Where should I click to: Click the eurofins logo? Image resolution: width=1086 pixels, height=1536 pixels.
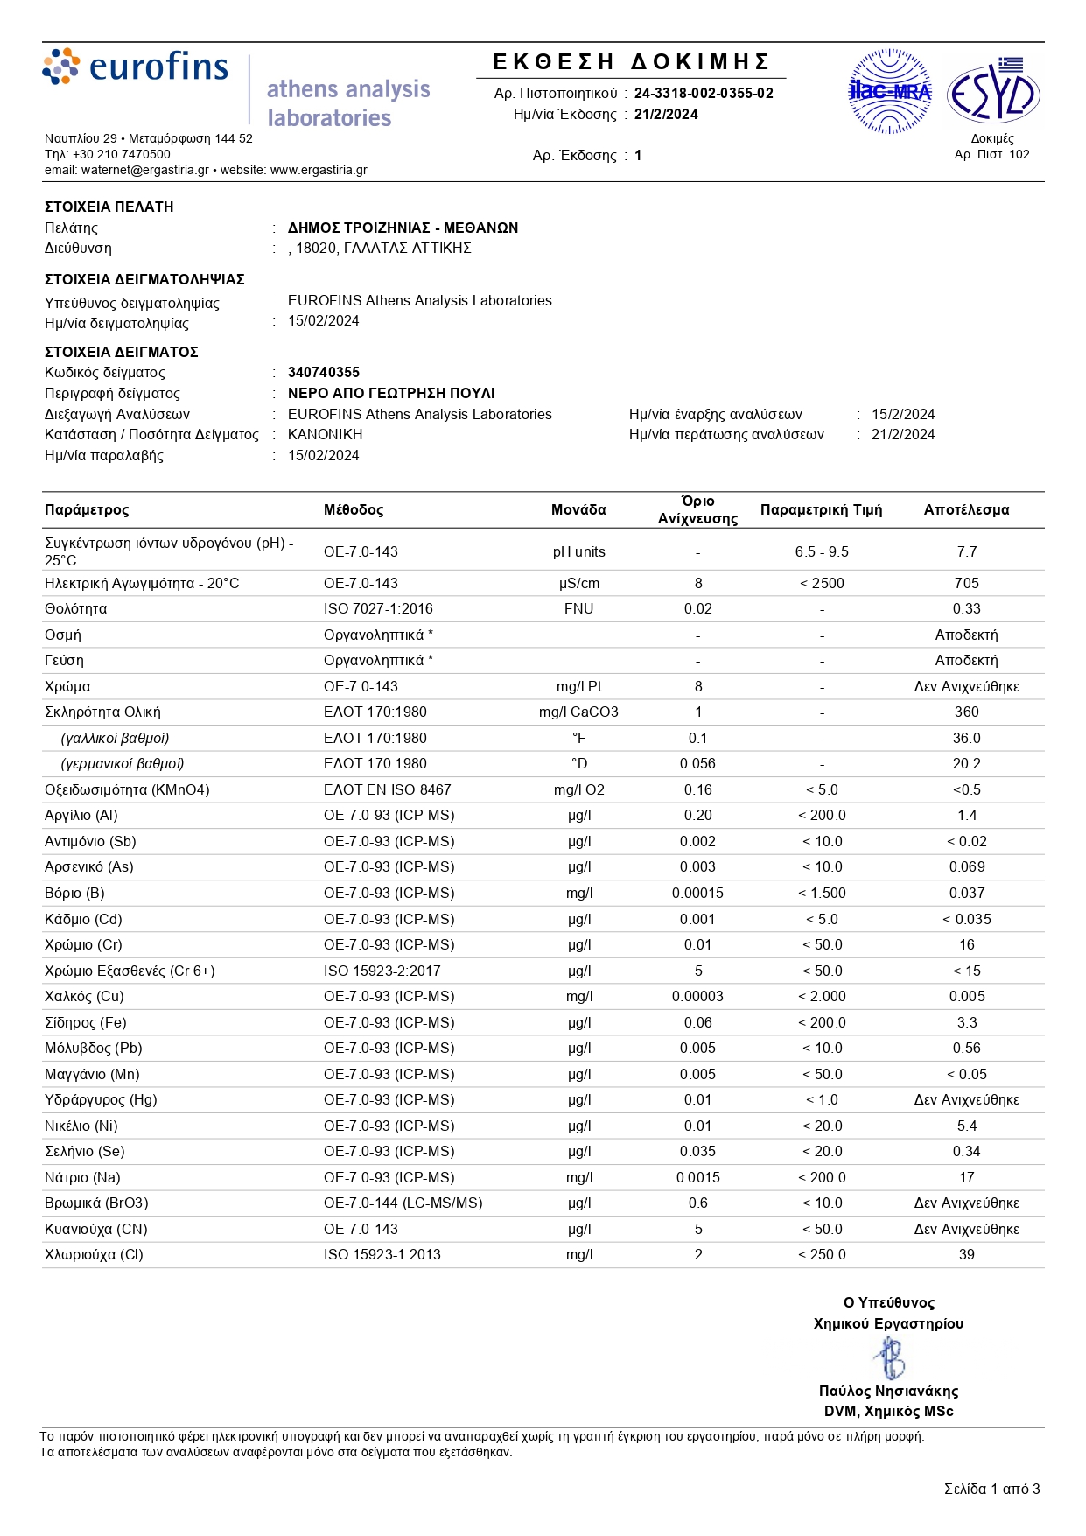136,67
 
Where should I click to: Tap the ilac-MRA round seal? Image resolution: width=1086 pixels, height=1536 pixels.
890,91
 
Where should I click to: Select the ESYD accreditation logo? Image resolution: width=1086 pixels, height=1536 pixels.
993,93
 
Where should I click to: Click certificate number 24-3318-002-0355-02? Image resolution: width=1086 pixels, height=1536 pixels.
704,93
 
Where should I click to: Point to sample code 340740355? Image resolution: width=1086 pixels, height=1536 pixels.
324,372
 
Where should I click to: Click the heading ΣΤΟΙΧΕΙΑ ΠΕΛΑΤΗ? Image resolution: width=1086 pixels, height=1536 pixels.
109,207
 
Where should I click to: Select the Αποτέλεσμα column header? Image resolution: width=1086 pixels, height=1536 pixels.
966,509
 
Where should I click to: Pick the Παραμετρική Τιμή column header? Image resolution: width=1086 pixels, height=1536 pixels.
821,509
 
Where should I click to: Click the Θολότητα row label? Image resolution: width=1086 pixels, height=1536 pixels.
76,608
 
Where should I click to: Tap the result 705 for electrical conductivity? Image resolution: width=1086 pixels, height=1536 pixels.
966,583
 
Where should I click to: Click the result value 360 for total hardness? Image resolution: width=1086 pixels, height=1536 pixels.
966,712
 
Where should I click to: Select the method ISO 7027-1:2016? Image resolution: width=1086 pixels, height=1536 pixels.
378,608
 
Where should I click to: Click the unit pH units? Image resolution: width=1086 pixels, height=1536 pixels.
578,551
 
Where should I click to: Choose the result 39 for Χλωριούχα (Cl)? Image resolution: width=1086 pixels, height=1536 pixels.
966,1254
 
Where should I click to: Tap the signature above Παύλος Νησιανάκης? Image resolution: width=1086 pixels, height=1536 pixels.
889,1358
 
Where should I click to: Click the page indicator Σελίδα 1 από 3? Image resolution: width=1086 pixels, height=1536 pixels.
991,1489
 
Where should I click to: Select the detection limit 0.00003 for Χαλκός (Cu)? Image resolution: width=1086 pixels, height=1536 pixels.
697,996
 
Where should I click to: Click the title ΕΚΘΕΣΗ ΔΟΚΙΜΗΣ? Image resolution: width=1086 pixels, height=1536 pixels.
631,61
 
